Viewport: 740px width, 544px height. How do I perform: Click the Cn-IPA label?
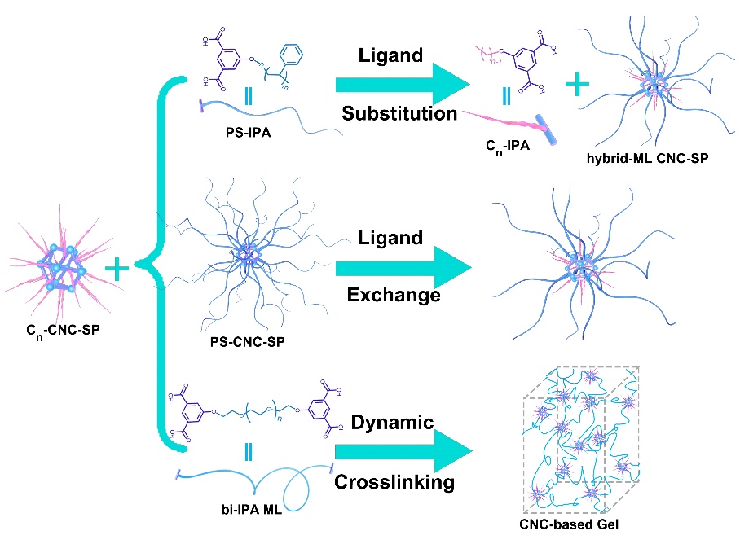click(x=509, y=147)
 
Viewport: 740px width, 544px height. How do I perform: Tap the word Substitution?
click(x=399, y=112)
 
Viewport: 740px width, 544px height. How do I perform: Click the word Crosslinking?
click(x=394, y=482)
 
